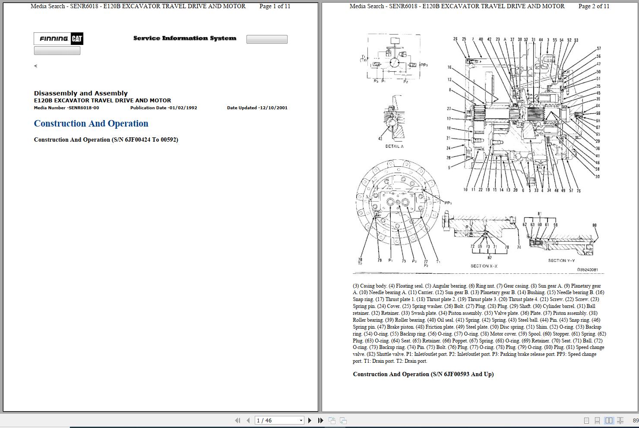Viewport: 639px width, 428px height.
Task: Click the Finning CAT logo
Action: (x=58, y=39)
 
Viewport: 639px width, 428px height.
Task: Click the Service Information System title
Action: (x=184, y=38)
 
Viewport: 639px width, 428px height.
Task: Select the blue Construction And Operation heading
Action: (x=91, y=124)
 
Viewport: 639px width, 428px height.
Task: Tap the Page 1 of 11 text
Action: (x=275, y=6)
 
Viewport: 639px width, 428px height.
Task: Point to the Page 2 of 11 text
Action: (x=594, y=6)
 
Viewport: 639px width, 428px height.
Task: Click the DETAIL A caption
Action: (x=394, y=146)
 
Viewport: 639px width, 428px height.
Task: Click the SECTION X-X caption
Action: (x=484, y=266)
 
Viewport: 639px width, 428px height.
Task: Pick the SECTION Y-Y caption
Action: (x=561, y=260)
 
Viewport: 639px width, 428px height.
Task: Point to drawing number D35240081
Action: (x=587, y=270)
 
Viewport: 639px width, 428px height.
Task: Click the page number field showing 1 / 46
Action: (x=276, y=420)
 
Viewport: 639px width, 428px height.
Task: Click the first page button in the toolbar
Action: (x=237, y=420)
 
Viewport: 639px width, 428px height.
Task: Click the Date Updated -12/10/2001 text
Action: (x=257, y=108)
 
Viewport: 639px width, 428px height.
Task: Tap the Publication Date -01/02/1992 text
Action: (x=164, y=108)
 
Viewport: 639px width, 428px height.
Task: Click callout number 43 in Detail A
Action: (x=380, y=139)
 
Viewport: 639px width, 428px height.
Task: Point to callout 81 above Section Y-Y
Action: (x=539, y=214)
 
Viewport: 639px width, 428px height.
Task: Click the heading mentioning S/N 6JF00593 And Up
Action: (x=423, y=374)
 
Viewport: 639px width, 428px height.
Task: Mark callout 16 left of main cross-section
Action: (x=449, y=67)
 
